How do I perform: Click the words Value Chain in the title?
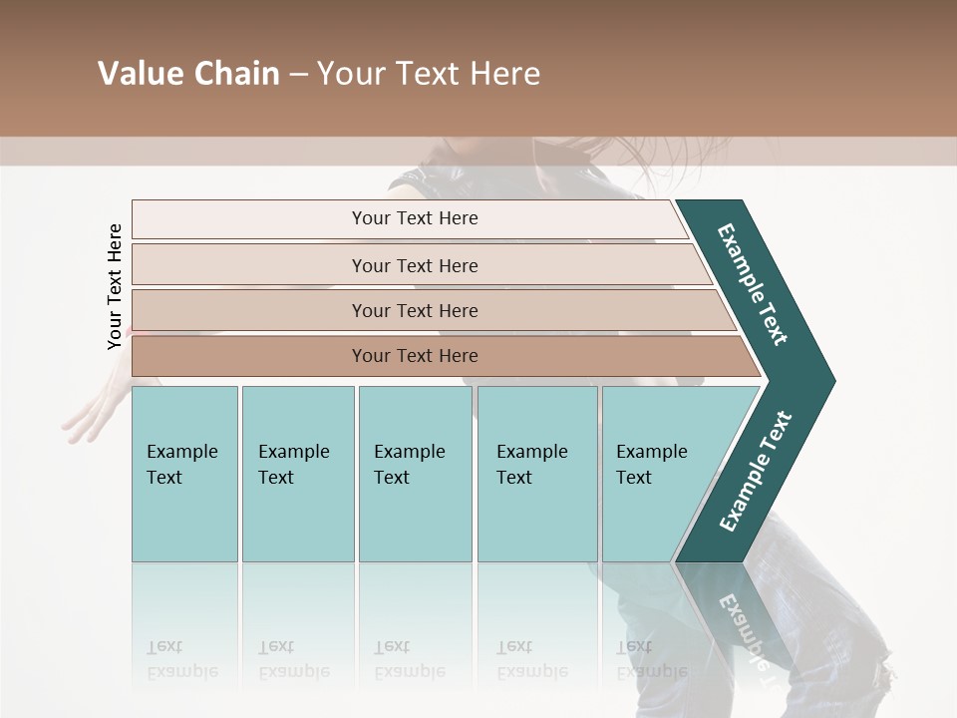coord(188,74)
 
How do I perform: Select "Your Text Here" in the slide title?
coord(429,74)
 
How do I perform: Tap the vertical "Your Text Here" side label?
coord(115,286)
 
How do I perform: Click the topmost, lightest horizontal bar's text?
coord(415,218)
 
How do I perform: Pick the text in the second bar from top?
coord(415,266)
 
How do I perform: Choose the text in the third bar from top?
coord(415,311)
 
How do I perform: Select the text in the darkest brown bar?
coord(415,356)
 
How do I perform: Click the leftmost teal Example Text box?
coord(184,474)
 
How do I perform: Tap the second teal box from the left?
coord(297,474)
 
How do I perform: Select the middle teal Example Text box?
coord(415,474)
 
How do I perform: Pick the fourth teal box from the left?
coord(537,474)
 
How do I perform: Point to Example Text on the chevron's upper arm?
coord(753,283)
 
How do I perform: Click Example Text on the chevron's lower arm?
coord(756,472)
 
